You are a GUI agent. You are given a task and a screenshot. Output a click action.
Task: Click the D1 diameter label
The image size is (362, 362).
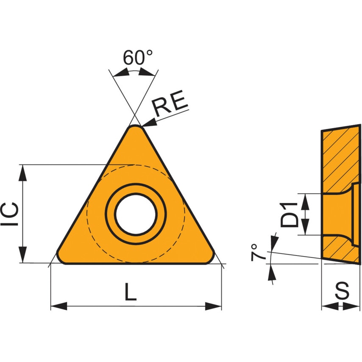click(291, 214)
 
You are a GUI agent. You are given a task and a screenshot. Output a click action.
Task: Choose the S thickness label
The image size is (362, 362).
click(342, 291)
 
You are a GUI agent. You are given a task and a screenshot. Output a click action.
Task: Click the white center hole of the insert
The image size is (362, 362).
click(136, 214)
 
